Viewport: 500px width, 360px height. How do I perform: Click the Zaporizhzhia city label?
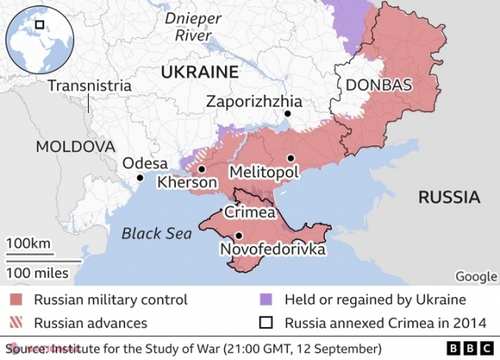click(x=254, y=102)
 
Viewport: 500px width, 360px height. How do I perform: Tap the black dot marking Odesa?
click(x=140, y=178)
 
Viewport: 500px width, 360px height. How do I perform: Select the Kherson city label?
click(x=187, y=183)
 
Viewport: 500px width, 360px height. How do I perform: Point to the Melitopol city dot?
click(x=290, y=158)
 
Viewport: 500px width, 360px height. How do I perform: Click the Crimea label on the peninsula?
click(x=250, y=213)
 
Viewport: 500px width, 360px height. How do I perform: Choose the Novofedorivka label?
click(x=273, y=250)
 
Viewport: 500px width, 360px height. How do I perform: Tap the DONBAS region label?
click(x=378, y=86)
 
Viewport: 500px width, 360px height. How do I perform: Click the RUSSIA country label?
click(x=448, y=197)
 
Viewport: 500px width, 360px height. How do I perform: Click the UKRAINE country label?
click(x=200, y=72)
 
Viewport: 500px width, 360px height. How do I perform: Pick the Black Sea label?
click(x=156, y=234)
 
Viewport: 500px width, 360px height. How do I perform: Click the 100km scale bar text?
click(x=28, y=244)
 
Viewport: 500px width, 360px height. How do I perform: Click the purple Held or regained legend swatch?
click(x=265, y=300)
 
